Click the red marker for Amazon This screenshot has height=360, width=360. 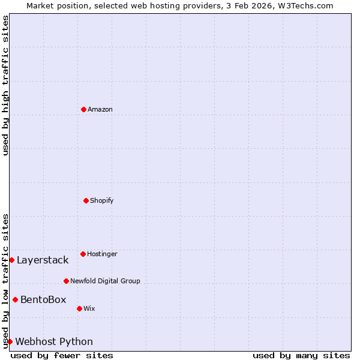point(83,109)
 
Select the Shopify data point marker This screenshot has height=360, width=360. point(86,200)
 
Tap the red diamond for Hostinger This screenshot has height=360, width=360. point(83,254)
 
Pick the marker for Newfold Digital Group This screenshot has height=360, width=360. point(66,281)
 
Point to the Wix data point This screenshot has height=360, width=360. point(79,308)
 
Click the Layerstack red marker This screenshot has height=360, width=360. point(11,260)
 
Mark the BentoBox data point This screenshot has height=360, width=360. point(15,299)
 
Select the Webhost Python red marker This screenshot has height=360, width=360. point(10,341)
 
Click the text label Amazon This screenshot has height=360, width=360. point(100,109)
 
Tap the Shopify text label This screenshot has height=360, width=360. point(102,200)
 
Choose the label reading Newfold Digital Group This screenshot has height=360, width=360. point(105,281)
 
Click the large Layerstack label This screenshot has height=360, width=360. point(43,260)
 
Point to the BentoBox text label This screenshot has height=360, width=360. point(43,299)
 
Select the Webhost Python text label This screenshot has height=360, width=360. point(54,341)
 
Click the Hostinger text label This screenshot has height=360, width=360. point(102,254)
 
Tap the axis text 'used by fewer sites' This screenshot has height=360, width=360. point(62,355)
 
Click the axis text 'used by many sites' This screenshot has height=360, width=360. point(301,355)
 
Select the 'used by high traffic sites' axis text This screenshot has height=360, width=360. point(5,85)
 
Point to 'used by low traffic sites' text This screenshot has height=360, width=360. point(5,281)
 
